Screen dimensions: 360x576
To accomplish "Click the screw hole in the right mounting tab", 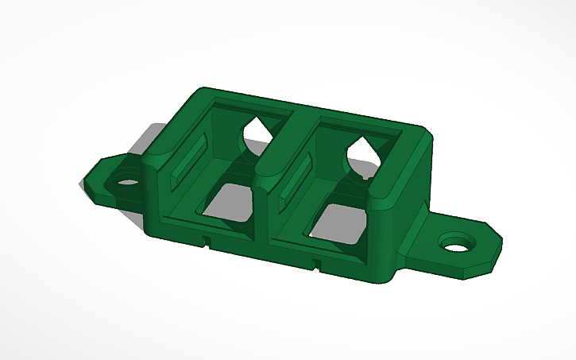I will [456, 242].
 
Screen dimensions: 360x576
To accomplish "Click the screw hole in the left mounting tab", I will [127, 180].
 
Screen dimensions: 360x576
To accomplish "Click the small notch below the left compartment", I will [206, 239].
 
